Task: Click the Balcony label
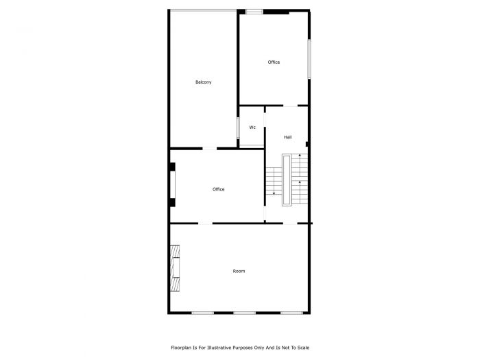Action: point(203,82)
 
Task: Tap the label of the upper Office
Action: point(274,62)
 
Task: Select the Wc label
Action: point(252,128)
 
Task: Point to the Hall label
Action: point(288,138)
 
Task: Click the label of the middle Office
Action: point(218,189)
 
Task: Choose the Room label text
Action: point(239,272)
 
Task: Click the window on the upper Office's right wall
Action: point(309,59)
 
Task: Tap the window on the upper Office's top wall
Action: point(254,11)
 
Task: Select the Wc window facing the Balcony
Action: point(238,128)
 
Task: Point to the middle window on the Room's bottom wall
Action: point(245,313)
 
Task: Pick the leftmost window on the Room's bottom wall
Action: point(202,313)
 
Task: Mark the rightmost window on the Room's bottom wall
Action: point(291,313)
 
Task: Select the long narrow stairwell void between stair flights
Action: point(287,179)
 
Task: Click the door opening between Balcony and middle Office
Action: point(210,148)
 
